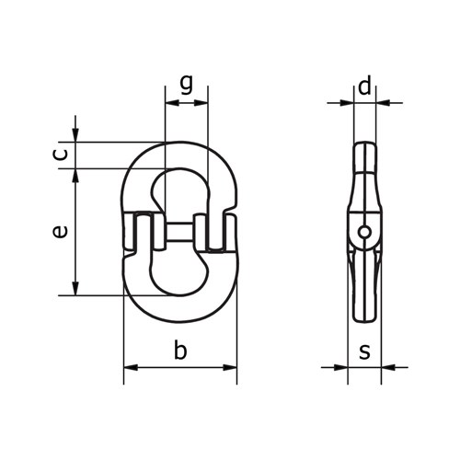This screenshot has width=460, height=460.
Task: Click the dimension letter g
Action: pyautogui.click(x=187, y=85)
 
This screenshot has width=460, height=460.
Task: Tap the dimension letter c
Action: pyautogui.click(x=61, y=155)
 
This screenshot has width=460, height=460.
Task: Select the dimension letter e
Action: pyautogui.click(x=60, y=232)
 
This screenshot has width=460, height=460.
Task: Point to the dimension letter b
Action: pyautogui.click(x=180, y=349)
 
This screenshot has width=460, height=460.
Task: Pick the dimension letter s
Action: pyautogui.click(x=364, y=351)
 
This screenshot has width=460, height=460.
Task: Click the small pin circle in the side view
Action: pyautogui.click(x=364, y=232)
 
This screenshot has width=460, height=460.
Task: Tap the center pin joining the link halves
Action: pyautogui.click(x=180, y=232)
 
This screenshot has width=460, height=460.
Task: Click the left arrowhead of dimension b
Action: pyautogui.click(x=131, y=367)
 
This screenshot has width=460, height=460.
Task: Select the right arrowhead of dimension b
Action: pyautogui.click(x=230, y=367)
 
